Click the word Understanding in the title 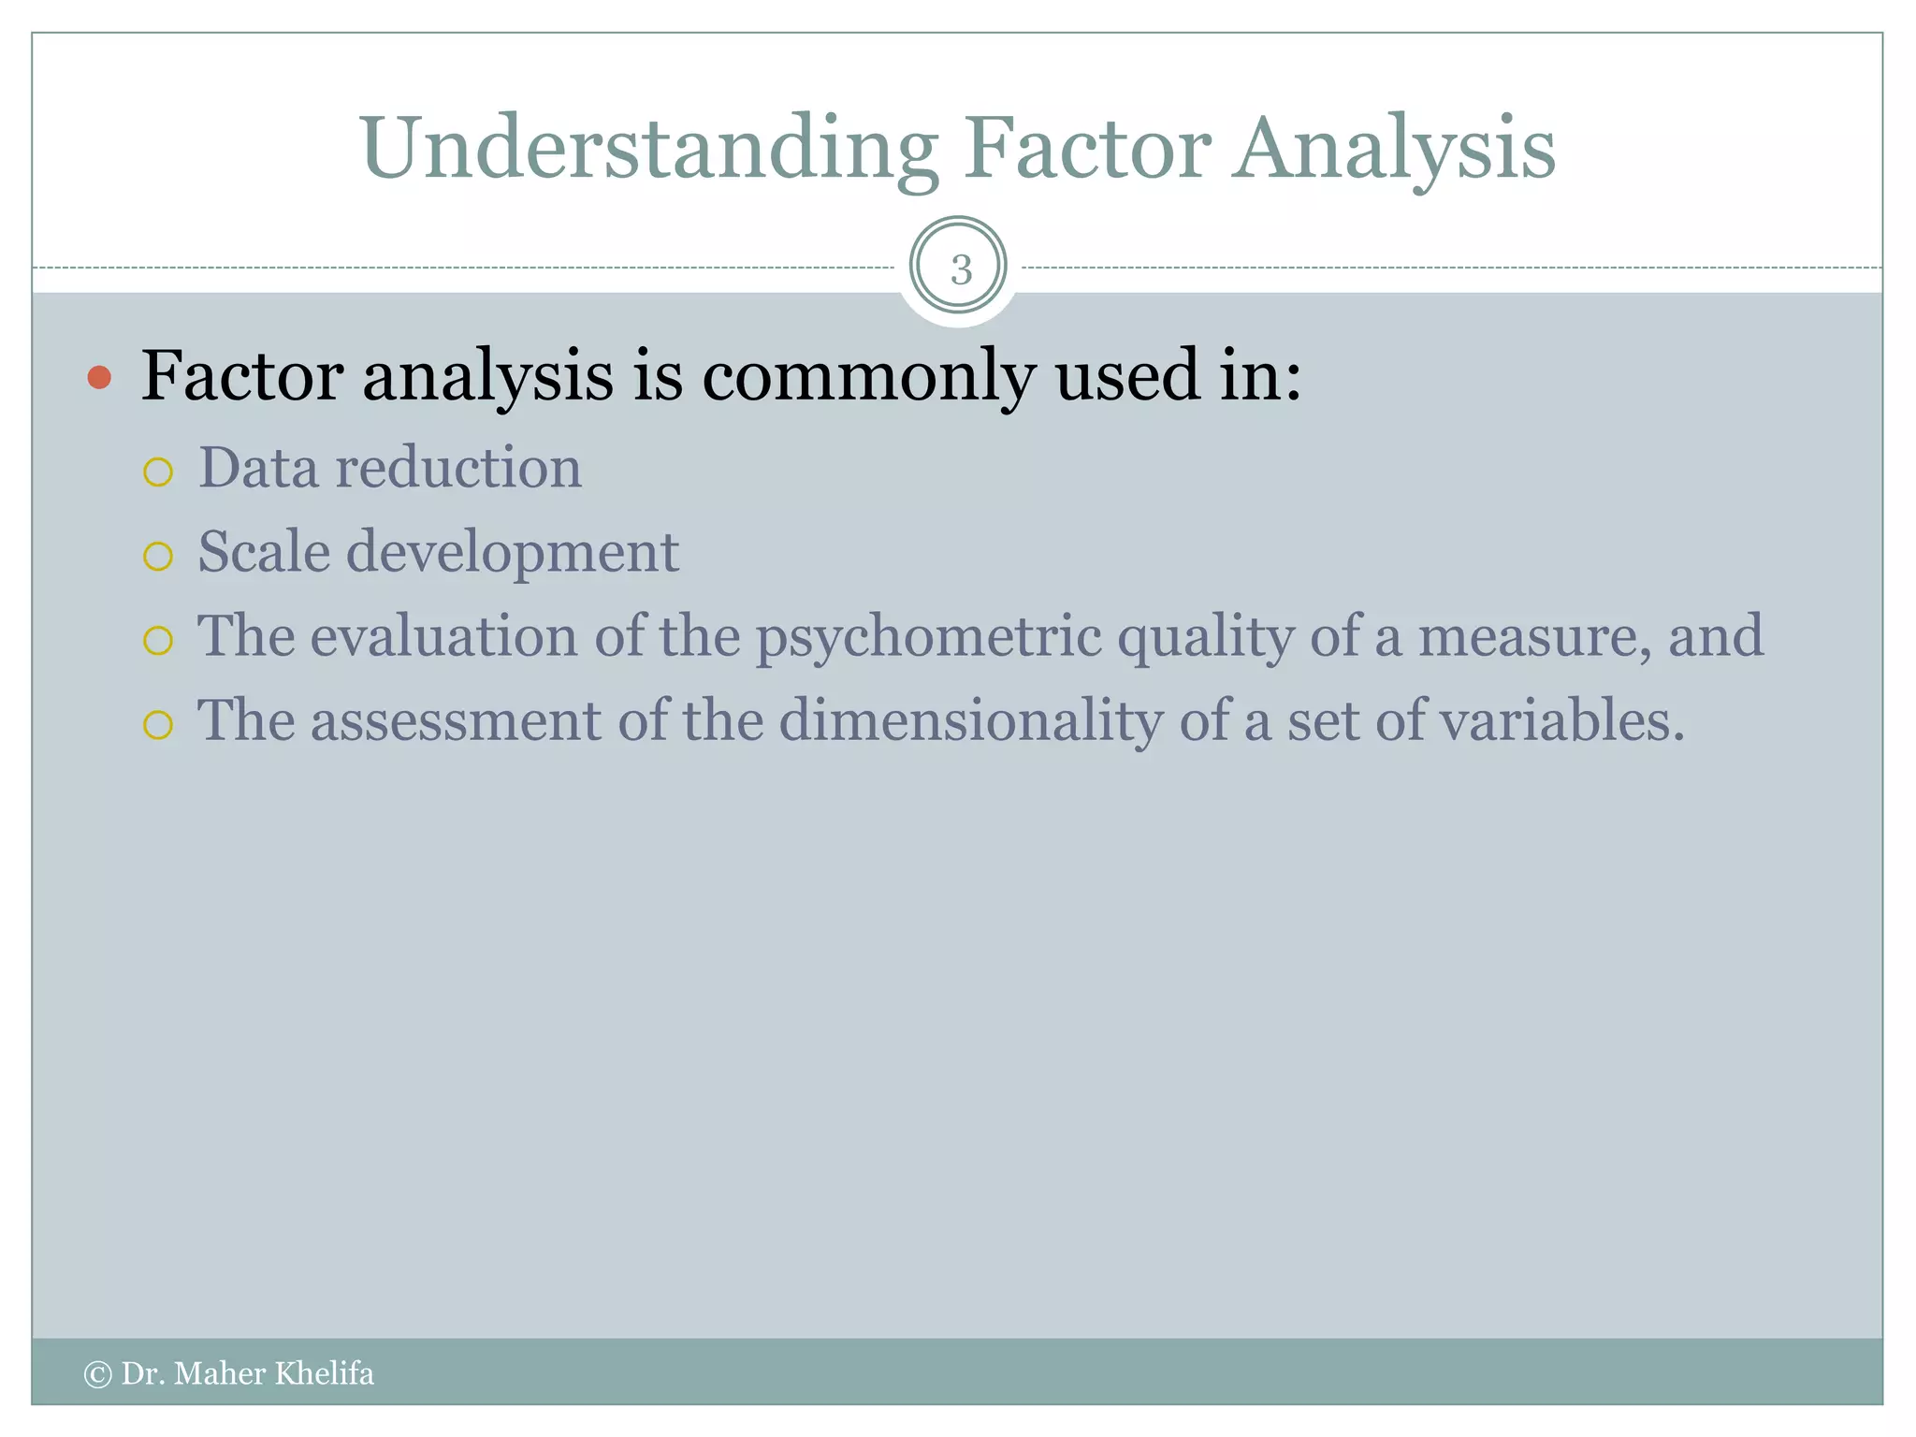[648, 150]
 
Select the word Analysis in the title [1393, 150]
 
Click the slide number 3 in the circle [960, 270]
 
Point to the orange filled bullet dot [99, 378]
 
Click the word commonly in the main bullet [868, 376]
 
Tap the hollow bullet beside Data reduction [158, 472]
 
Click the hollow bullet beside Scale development [158, 557]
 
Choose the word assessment [456, 721]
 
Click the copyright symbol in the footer [97, 1374]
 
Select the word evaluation [444, 636]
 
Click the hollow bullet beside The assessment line [158, 725]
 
